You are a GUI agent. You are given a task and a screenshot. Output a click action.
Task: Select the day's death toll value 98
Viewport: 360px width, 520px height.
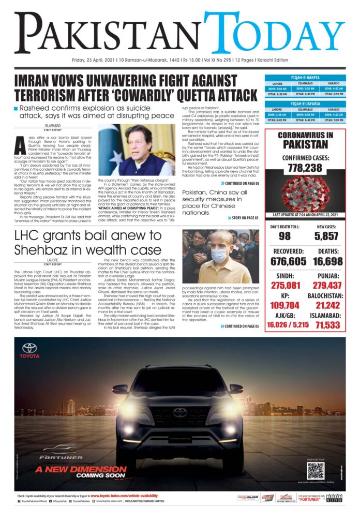pyautogui.click(x=284, y=236)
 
